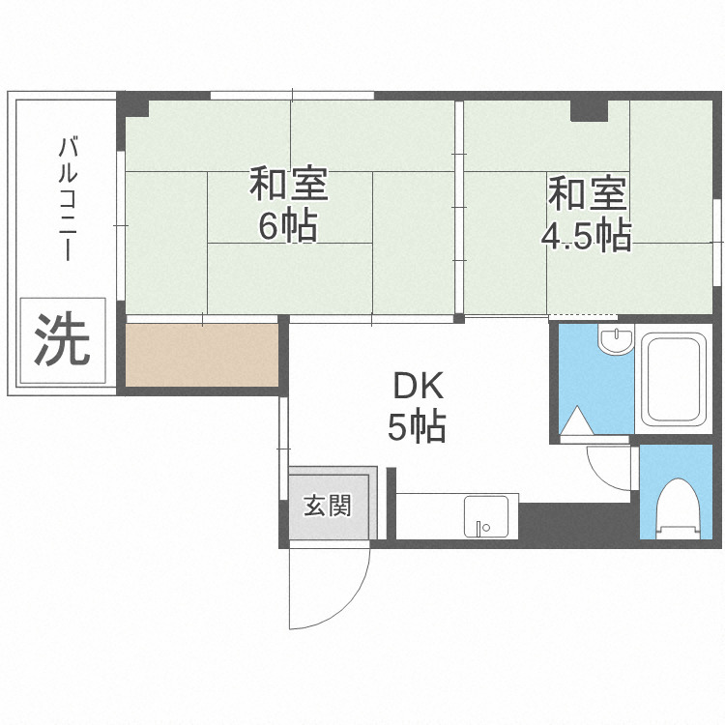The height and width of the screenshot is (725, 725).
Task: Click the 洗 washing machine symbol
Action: (x=63, y=340)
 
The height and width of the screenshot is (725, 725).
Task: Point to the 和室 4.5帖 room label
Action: (x=588, y=214)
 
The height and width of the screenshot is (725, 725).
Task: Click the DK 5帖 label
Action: (x=417, y=406)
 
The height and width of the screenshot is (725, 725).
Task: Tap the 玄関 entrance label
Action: (x=328, y=505)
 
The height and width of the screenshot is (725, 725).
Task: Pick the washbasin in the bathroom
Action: (x=614, y=341)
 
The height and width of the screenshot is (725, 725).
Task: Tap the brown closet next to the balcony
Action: (x=202, y=354)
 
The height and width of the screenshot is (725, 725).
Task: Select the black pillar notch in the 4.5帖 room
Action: (x=588, y=110)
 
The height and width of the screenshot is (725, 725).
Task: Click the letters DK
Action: (x=417, y=387)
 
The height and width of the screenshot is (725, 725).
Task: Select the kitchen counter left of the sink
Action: (x=428, y=514)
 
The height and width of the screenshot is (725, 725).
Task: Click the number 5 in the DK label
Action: (x=397, y=426)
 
